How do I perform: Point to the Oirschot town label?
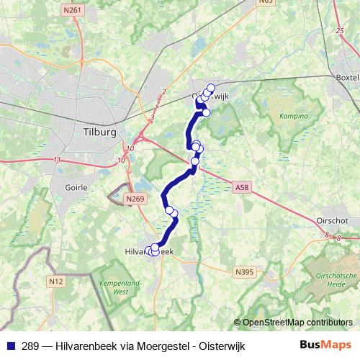tap(333, 221)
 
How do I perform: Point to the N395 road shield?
tap(245, 271)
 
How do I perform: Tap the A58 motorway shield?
tap(243, 187)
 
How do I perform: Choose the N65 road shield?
tap(266, 2)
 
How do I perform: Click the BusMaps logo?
tap(330, 346)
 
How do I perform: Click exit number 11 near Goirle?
tap(57, 159)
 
